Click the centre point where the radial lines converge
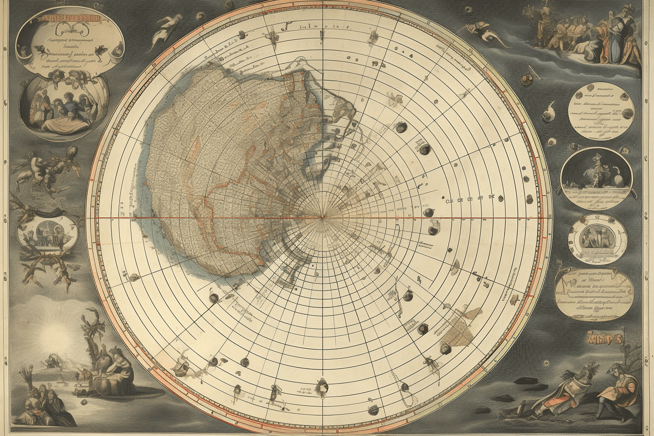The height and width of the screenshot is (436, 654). pyautogui.click(x=322, y=218)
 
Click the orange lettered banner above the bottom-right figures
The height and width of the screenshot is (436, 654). pyautogui.click(x=605, y=337)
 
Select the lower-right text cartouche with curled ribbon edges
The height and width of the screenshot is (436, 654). pyautogui.click(x=594, y=294)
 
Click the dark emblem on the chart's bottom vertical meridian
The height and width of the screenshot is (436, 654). pyautogui.click(x=322, y=387)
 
